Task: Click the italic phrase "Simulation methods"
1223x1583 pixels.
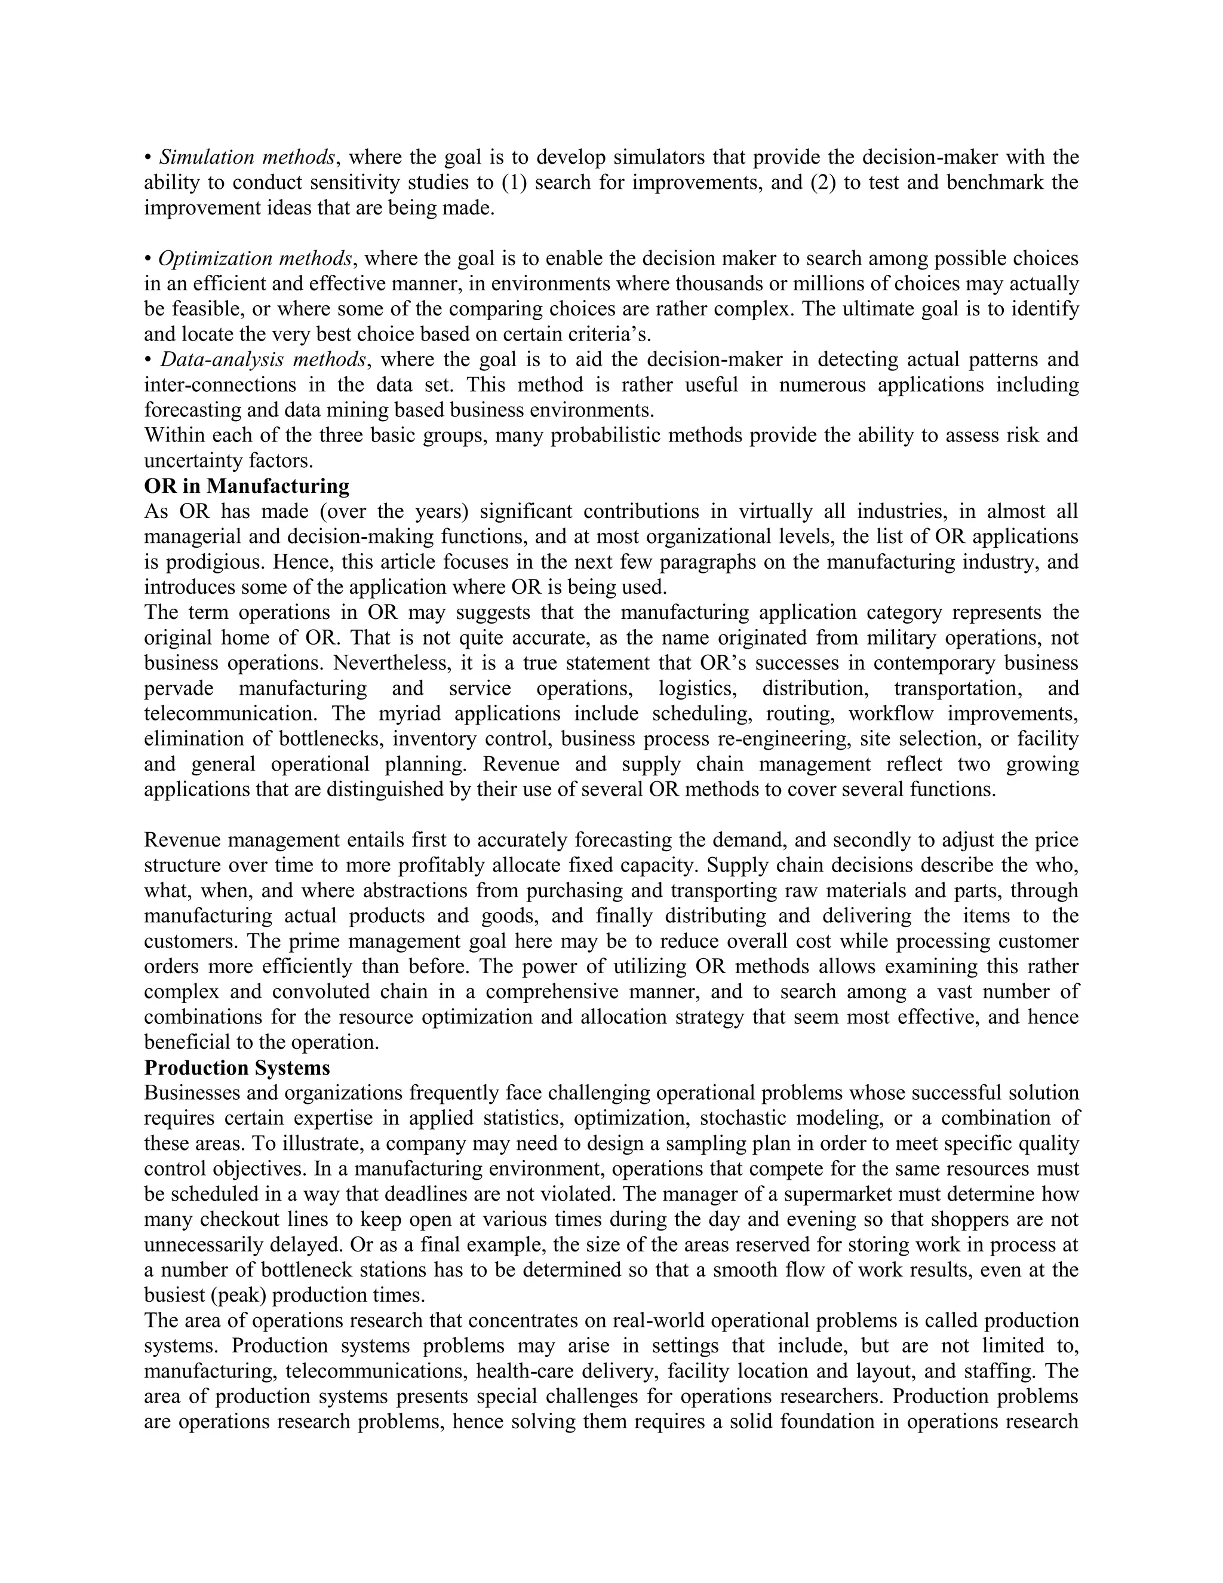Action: coord(247,157)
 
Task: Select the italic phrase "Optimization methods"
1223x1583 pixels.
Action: coord(255,259)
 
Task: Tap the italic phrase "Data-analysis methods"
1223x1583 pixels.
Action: coord(263,360)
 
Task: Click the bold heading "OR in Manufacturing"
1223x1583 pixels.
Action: coord(247,486)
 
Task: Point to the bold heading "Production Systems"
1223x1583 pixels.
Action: coord(237,1067)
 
